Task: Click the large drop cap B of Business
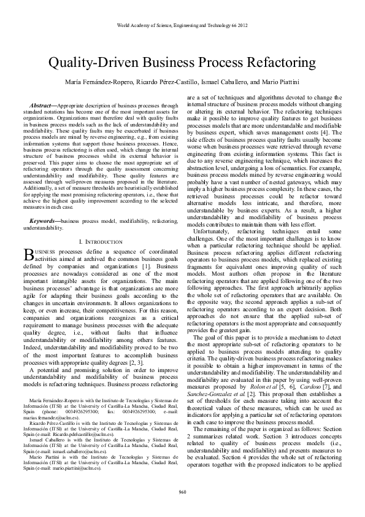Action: [x=28, y=254]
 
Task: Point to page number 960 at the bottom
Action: [x=182, y=491]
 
